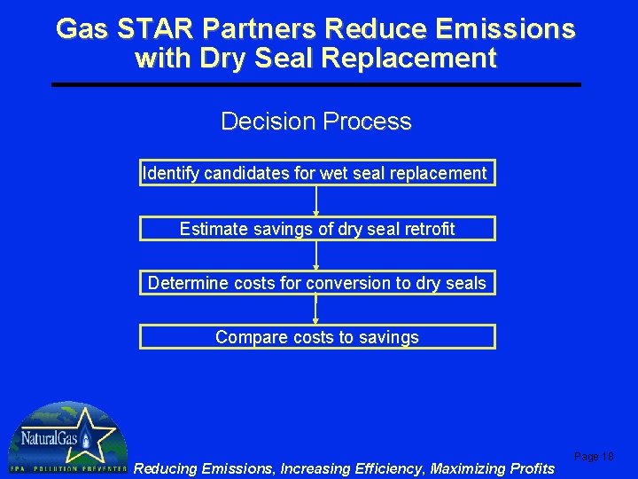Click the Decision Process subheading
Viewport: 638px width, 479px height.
pyautogui.click(x=316, y=122)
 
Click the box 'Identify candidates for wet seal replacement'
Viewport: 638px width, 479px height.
pyautogui.click(x=316, y=173)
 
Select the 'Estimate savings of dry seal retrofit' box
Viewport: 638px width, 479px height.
pyautogui.click(x=316, y=229)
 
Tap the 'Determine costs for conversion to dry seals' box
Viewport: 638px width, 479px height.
pyautogui.click(x=316, y=283)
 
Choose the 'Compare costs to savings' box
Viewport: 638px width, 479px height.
pyautogui.click(x=316, y=337)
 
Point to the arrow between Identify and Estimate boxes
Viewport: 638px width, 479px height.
pyautogui.click(x=316, y=201)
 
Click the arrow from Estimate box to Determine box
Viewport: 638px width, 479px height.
pyautogui.click(x=316, y=255)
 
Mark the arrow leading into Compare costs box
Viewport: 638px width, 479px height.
pyautogui.click(x=316, y=310)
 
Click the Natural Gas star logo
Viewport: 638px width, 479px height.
pyautogui.click(x=66, y=437)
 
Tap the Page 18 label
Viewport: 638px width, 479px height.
pyautogui.click(x=594, y=456)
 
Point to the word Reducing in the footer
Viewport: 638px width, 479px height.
pyautogui.click(x=166, y=467)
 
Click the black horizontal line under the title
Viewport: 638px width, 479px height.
pyautogui.click(x=316, y=84)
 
